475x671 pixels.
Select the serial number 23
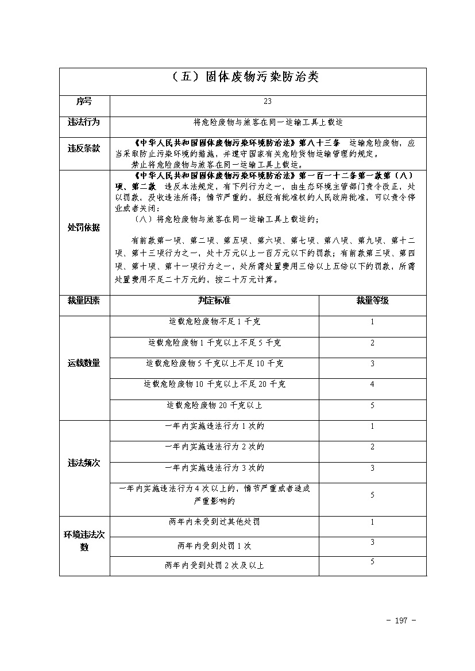tap(268, 102)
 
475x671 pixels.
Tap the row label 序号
tap(84, 102)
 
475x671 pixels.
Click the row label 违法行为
tap(84, 122)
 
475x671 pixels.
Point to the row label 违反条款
tap(84, 148)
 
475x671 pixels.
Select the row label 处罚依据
tap(84, 227)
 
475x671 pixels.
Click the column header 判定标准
tap(214, 300)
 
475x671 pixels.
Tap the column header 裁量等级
tap(372, 300)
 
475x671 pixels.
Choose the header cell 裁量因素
tap(84, 300)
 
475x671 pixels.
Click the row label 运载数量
tap(84, 363)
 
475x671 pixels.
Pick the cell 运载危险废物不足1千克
tap(214, 322)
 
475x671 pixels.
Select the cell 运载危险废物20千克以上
tap(214, 405)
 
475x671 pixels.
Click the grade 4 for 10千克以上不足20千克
tap(372, 385)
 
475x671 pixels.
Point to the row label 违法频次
tap(84, 463)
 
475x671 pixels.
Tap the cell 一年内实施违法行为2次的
tap(214, 447)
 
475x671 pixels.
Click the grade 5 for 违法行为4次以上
tap(372, 495)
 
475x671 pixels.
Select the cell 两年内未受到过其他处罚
tap(214, 522)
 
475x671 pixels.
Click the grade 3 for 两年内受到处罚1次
tap(372, 542)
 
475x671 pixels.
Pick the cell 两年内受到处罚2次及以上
tap(214, 565)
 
